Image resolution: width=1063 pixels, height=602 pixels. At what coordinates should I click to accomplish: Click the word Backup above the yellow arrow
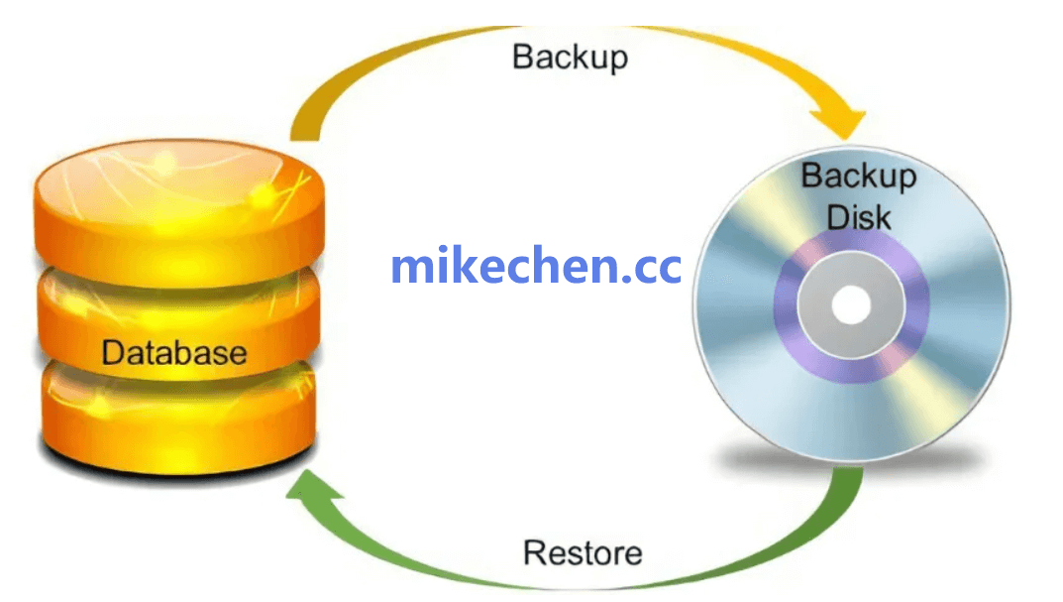[570, 56]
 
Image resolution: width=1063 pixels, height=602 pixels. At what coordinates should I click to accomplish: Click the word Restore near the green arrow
[583, 551]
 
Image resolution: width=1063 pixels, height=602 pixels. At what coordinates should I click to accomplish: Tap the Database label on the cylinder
[173, 352]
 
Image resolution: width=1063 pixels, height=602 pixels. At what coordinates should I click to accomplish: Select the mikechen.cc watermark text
[536, 266]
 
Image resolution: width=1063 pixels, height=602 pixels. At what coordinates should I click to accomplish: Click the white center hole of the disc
[850, 305]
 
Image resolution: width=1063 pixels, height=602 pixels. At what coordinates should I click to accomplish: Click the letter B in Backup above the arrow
[521, 56]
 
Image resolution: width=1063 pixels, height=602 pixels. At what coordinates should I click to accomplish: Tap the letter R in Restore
[533, 551]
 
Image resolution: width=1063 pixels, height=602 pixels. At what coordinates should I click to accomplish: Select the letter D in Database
[112, 352]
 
